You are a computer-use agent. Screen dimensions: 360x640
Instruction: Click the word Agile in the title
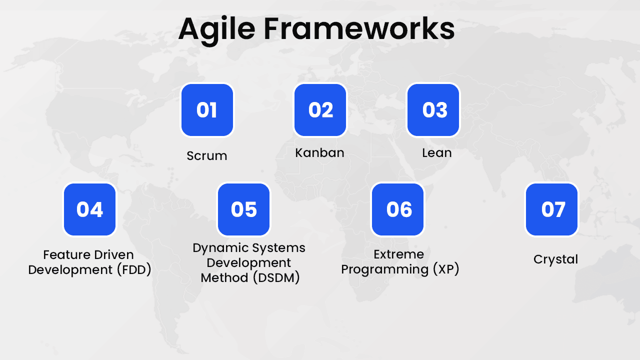click(217, 29)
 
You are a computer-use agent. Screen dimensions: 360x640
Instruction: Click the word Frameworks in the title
click(359, 28)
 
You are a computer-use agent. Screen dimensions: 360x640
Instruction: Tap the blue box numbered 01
click(207, 110)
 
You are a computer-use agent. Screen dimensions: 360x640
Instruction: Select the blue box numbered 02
click(320, 110)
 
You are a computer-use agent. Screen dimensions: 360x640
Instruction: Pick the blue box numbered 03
click(433, 110)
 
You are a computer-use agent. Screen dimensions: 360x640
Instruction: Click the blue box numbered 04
click(89, 209)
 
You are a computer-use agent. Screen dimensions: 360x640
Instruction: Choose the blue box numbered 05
click(243, 209)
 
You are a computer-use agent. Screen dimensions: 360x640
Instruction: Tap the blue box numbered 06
click(398, 209)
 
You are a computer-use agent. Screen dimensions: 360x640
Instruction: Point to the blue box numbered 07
click(552, 209)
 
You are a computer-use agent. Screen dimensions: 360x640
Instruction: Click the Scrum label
click(207, 156)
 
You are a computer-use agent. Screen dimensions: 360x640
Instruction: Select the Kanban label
click(319, 153)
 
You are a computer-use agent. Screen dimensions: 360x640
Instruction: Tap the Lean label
click(436, 153)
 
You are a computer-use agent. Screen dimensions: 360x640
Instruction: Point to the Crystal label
click(555, 259)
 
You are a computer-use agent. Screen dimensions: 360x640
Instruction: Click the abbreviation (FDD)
click(133, 270)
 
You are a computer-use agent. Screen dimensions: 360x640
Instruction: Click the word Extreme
click(398, 254)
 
